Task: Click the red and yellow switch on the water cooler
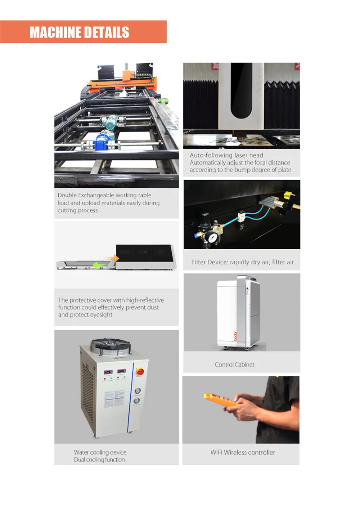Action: [x=140, y=372]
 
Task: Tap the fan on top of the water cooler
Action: [x=111, y=347]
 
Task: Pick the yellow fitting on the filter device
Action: [x=288, y=195]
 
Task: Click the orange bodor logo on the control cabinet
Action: [x=235, y=336]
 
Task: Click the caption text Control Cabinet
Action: [x=234, y=365]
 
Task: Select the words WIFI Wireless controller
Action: [x=242, y=452]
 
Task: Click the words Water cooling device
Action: [x=100, y=452]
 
